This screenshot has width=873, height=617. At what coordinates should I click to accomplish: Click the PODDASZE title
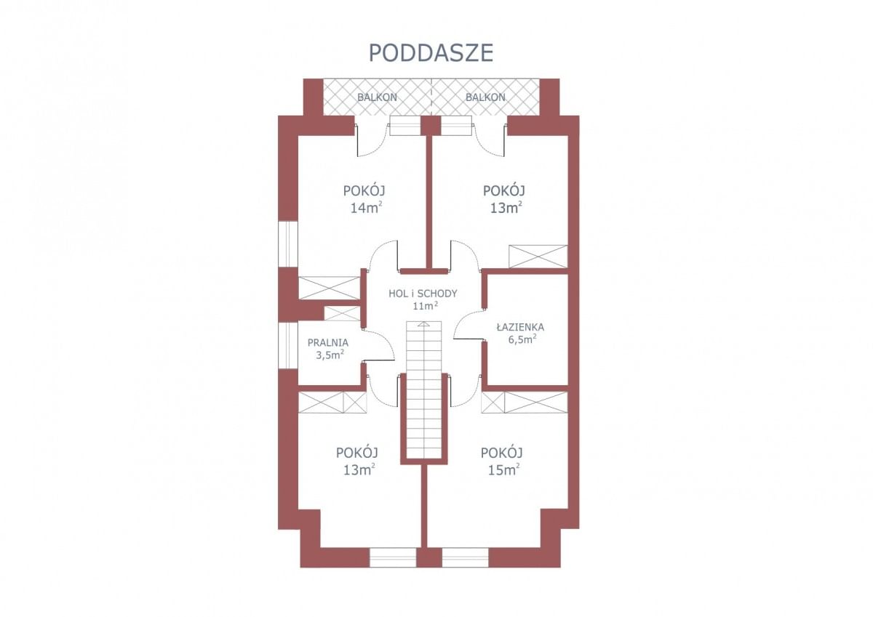(431, 53)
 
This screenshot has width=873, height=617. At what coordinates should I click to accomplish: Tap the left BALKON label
(378, 97)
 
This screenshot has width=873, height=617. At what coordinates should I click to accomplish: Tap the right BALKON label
(485, 97)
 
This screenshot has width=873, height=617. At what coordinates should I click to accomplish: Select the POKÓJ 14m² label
(364, 199)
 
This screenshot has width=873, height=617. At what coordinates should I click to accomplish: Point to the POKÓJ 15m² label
(502, 461)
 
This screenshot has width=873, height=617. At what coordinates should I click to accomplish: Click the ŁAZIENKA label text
(520, 327)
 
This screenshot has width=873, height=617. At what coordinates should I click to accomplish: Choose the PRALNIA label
(328, 343)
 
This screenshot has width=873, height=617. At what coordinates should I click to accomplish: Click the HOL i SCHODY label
(423, 294)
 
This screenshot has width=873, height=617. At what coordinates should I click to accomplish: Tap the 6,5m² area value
(522, 340)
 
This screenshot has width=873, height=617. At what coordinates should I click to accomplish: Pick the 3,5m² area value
(330, 355)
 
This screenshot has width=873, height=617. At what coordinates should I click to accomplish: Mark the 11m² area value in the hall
(425, 306)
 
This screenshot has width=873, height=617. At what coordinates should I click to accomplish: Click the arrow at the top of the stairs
(424, 324)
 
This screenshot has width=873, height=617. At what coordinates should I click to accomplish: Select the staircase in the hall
(424, 390)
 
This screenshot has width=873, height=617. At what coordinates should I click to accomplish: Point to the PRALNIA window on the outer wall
(287, 345)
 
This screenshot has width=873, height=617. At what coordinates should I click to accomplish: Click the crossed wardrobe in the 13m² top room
(538, 257)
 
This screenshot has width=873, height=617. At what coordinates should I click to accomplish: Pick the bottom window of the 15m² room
(466, 557)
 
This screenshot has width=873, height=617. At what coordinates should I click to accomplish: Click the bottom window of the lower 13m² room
(393, 557)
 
